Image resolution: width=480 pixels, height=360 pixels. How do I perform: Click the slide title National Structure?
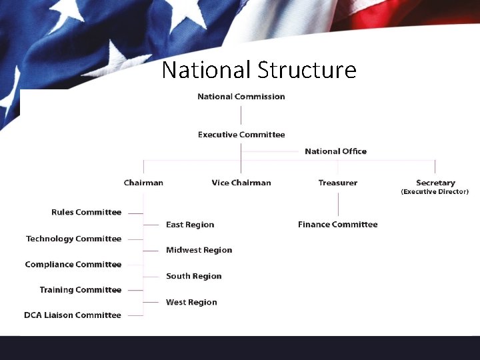[x=259, y=70]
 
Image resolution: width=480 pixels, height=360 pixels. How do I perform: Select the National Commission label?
[x=241, y=97]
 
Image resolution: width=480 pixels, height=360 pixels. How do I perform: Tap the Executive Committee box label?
[x=241, y=135]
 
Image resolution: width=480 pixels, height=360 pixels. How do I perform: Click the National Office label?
[x=335, y=151]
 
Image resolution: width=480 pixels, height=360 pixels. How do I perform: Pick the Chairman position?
[x=143, y=183]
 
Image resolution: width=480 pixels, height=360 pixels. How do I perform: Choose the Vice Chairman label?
[x=241, y=183]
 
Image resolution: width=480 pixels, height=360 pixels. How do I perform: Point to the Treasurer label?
[x=337, y=183]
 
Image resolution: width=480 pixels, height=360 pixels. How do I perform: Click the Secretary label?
[x=435, y=183]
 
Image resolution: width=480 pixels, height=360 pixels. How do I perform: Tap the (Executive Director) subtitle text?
[x=435, y=192]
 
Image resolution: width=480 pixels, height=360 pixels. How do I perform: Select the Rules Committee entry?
[x=86, y=213]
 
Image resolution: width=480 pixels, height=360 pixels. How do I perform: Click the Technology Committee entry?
[x=73, y=239]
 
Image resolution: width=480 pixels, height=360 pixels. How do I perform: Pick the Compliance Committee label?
[x=73, y=265]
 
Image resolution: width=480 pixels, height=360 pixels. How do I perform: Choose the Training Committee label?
[x=80, y=290]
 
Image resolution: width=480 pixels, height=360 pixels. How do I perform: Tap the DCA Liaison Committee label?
[x=73, y=315]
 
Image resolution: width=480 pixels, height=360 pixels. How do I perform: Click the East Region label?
[x=190, y=225]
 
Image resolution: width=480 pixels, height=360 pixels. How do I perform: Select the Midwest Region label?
[x=199, y=251]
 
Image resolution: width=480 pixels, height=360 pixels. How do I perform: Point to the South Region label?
[x=193, y=277]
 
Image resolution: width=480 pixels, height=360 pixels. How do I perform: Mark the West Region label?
[x=191, y=303]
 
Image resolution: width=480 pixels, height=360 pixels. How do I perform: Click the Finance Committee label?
[x=337, y=225]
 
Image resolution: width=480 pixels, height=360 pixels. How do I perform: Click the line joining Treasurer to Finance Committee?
[x=338, y=203]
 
